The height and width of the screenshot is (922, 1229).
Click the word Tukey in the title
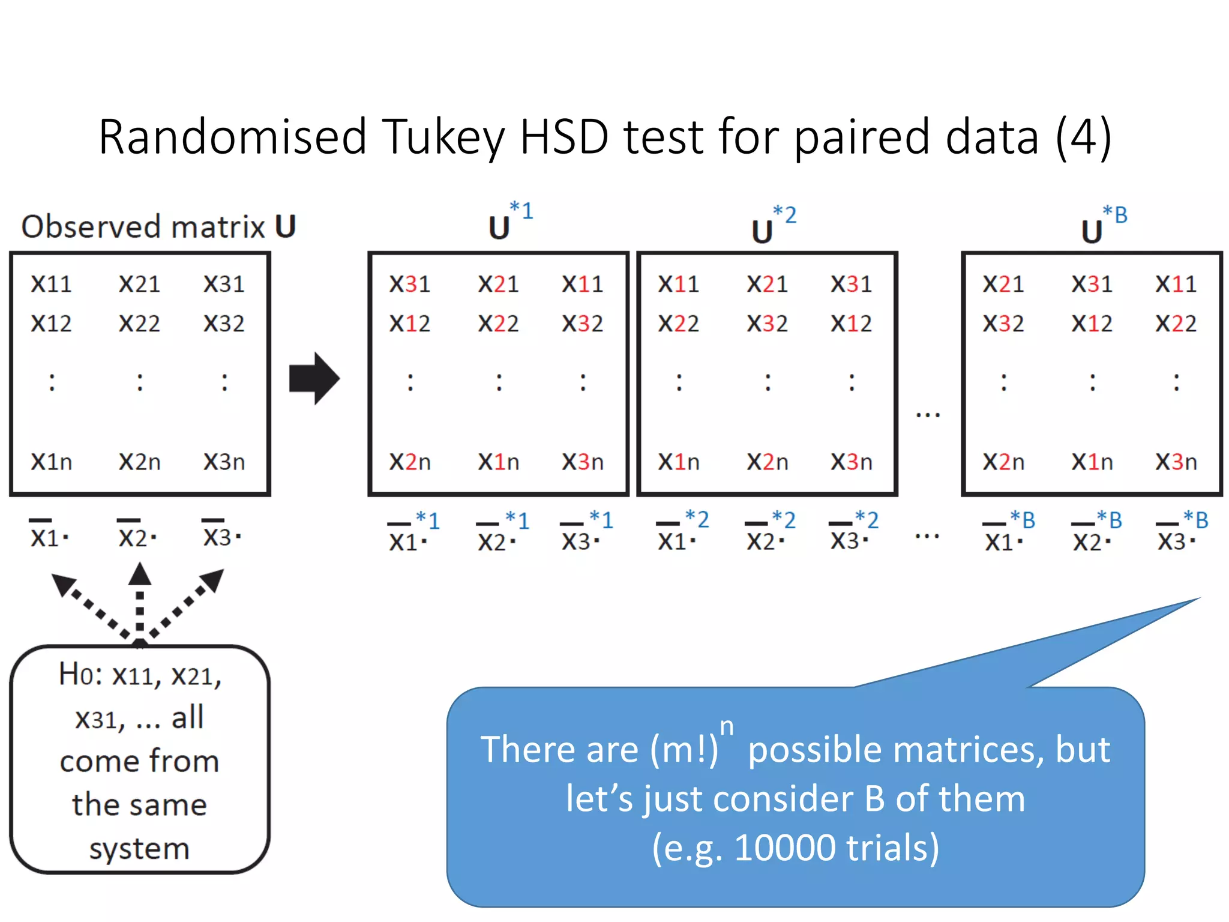[443, 137]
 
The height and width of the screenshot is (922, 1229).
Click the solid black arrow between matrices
[314, 378]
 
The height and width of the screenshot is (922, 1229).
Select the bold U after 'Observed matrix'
[286, 227]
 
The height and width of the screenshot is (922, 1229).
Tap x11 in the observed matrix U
[52, 284]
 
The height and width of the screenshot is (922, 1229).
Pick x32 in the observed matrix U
[224, 324]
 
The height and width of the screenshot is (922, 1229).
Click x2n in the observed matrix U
[140, 462]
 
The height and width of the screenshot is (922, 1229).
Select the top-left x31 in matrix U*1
[410, 284]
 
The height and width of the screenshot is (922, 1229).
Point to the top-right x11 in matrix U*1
[582, 284]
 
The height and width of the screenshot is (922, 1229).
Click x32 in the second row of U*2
[767, 324]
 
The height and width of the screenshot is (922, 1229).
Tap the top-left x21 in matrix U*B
[1003, 284]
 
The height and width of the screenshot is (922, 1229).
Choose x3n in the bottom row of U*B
[1176, 462]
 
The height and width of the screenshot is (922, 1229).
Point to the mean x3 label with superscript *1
[586, 533]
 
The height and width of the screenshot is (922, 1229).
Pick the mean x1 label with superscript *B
[1009, 533]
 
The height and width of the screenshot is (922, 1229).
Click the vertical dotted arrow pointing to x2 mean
[140, 600]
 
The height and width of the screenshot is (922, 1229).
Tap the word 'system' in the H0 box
[139, 849]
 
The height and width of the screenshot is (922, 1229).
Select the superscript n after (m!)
[727, 727]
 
